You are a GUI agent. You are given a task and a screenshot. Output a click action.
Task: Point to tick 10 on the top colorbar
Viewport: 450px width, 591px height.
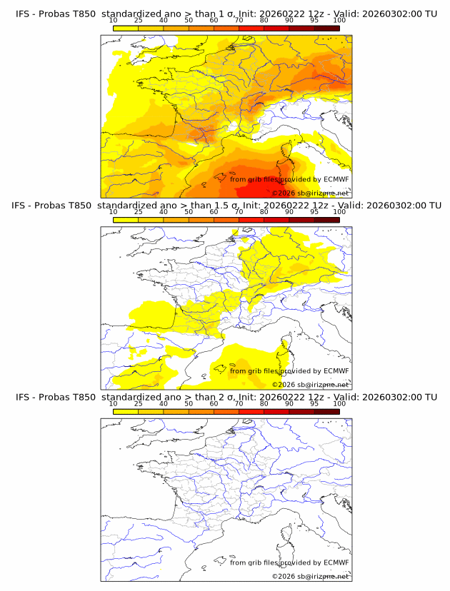pyautogui.click(x=113, y=20)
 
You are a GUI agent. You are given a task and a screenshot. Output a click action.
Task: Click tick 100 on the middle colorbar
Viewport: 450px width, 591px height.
pyautogui.click(x=339, y=211)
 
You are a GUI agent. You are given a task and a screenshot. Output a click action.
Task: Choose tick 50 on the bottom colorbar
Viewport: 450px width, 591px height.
pyautogui.click(x=189, y=403)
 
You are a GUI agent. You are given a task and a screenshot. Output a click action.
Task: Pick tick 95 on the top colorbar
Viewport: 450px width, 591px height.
pyautogui.click(x=314, y=20)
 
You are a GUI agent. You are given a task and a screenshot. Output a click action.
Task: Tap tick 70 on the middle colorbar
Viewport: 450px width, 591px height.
pyautogui.click(x=239, y=211)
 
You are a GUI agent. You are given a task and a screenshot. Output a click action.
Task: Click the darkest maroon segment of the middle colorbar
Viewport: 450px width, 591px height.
pyautogui.click(x=326, y=219)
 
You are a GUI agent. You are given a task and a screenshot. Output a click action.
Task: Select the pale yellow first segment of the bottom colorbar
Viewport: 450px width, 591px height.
pyautogui.click(x=125, y=410)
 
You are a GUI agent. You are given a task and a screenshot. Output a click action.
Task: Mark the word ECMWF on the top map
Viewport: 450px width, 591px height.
pyautogui.click(x=336, y=179)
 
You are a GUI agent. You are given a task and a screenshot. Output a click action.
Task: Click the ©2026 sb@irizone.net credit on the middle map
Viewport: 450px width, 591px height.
pyautogui.click(x=310, y=385)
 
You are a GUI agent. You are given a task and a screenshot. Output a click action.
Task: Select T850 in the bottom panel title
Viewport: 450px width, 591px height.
pyautogui.click(x=82, y=398)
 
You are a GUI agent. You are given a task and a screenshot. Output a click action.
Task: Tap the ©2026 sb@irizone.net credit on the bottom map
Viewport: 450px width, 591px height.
pyautogui.click(x=310, y=576)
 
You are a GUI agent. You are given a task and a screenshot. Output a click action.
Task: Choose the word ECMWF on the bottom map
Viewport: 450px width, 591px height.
pyautogui.click(x=336, y=562)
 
